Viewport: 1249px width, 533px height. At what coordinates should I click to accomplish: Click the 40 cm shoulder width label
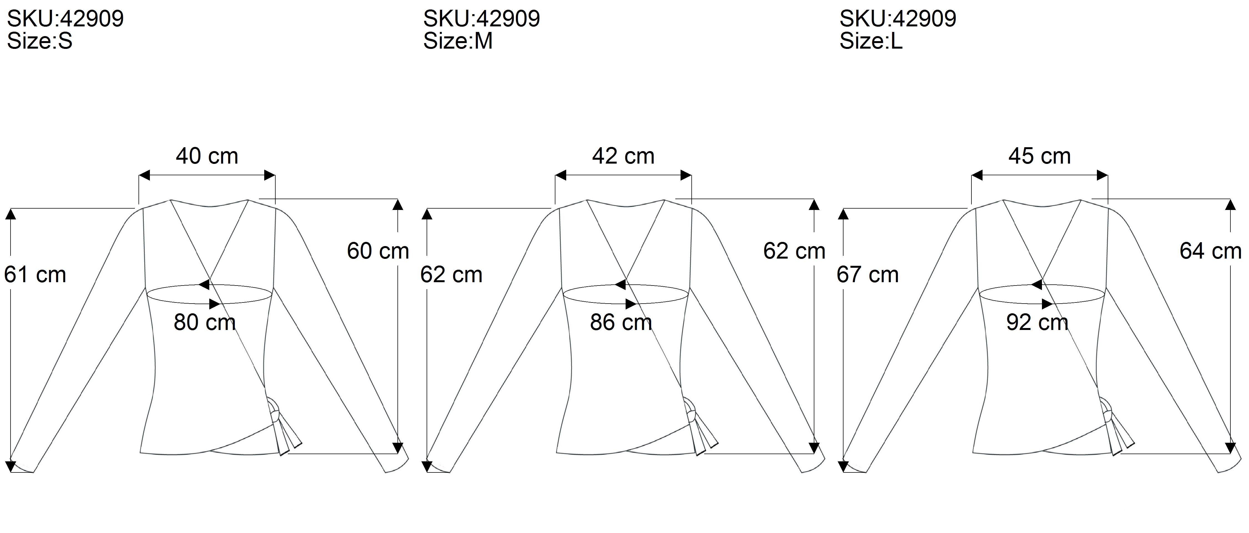tap(207, 156)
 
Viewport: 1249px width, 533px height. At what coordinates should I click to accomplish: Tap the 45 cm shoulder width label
tap(1039, 156)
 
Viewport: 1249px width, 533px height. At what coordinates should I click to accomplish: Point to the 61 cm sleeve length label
tap(35, 275)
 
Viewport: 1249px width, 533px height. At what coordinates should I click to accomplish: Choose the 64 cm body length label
tap(1210, 251)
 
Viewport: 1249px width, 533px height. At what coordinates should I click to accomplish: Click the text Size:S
tap(40, 41)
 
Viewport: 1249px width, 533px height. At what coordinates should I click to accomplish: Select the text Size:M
tap(458, 41)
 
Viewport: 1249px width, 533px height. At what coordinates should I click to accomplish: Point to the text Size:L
tap(871, 41)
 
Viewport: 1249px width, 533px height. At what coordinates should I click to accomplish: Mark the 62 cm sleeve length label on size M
tap(451, 275)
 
